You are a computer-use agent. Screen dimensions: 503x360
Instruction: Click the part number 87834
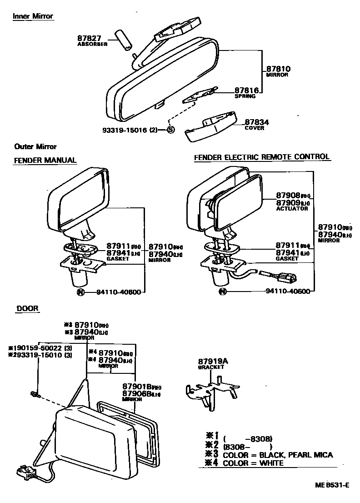click(257, 122)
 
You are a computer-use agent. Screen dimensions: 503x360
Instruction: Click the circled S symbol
click(171, 130)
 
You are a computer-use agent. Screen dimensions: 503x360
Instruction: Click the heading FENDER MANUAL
click(45, 161)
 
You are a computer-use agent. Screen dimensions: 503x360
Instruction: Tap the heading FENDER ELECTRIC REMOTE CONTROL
click(262, 157)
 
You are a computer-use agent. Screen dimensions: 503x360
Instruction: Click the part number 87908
click(288, 195)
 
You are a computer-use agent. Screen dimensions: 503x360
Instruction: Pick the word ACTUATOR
click(292, 209)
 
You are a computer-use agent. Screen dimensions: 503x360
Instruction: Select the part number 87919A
click(212, 360)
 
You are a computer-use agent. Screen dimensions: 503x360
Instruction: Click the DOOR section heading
click(27, 309)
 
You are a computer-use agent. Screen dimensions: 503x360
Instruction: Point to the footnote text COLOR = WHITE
click(253, 463)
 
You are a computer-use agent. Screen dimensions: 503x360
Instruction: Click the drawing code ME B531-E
click(332, 485)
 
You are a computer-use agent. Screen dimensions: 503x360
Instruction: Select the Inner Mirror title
click(33, 16)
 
